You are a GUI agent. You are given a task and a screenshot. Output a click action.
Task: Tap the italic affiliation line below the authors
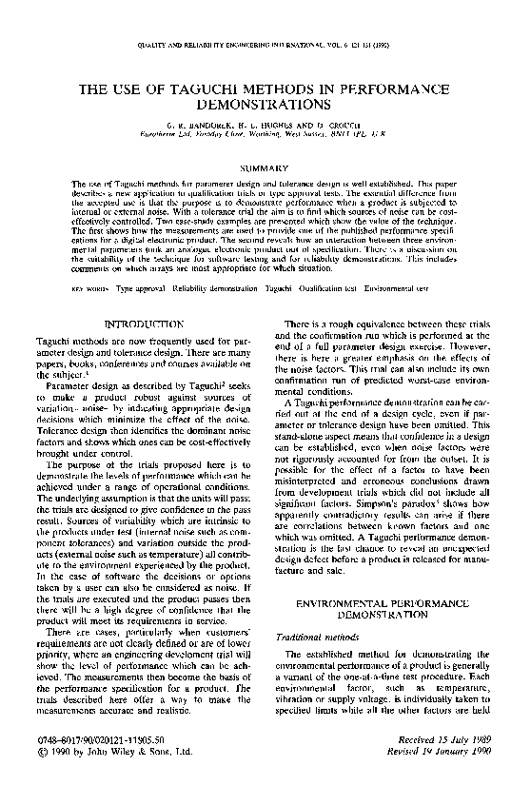[265, 134]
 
